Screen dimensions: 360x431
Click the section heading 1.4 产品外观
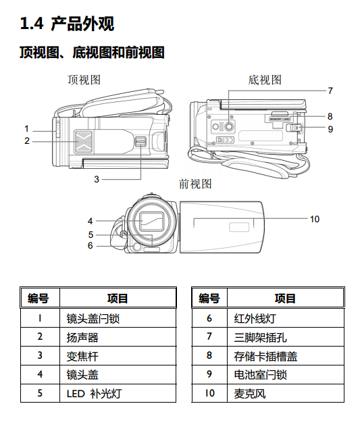67,24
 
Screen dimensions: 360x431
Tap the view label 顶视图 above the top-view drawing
84,80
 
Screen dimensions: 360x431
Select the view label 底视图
265,80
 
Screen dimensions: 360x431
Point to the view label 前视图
195,184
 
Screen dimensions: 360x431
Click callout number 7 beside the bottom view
330,91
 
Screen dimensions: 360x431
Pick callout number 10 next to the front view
315,219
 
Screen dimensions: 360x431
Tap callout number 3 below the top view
97,179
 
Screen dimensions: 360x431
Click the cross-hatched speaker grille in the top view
84,141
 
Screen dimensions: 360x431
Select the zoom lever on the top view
140,142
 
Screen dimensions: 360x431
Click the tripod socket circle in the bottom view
229,126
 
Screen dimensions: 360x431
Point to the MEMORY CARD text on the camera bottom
280,120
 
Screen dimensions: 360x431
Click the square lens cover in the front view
151,221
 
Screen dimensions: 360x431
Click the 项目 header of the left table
118,298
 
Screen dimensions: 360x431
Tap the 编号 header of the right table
209,298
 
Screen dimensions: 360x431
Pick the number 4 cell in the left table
40,374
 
